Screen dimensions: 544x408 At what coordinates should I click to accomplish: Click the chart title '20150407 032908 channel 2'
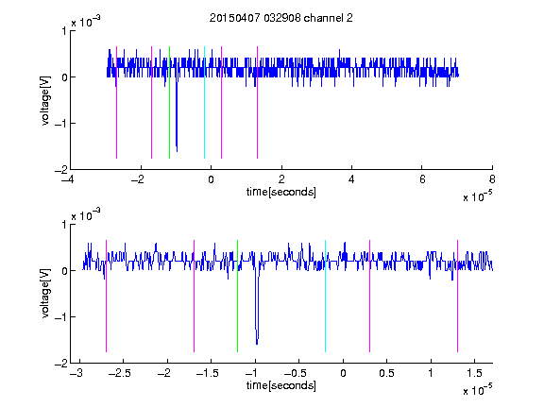click(281, 18)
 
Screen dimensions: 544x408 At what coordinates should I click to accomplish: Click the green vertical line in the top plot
click(169, 102)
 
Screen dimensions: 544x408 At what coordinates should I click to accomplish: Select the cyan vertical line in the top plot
click(204, 102)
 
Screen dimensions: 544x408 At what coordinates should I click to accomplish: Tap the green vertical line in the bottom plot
click(237, 296)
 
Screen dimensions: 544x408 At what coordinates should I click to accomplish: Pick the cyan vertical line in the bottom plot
click(325, 296)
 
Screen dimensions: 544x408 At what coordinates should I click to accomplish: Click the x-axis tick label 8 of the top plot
click(492, 179)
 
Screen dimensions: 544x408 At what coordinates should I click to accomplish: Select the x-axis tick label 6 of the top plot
click(422, 179)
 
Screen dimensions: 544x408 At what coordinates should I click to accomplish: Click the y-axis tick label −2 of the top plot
click(60, 170)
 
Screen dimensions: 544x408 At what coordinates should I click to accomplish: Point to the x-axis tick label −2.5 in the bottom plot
click(123, 373)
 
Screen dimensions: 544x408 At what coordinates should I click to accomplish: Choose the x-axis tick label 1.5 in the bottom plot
click(474, 373)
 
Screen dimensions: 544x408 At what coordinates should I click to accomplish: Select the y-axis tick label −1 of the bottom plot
click(60, 316)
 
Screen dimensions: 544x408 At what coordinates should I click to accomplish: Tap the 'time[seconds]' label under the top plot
click(281, 192)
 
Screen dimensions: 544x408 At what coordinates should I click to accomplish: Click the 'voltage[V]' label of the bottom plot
click(45, 294)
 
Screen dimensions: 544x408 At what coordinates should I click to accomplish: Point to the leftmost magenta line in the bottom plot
click(106, 296)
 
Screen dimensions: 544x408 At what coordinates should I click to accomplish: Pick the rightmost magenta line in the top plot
click(257, 102)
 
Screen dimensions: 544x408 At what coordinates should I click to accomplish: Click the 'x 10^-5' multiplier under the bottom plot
click(477, 389)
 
